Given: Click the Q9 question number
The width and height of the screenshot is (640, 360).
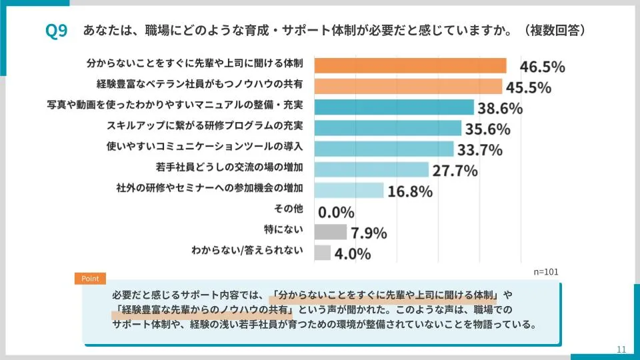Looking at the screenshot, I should coord(56,31).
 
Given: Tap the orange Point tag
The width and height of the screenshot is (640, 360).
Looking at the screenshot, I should coord(90,279).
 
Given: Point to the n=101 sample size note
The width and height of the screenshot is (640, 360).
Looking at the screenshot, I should coord(546,272).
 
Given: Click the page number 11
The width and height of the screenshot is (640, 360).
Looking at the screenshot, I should coord(621,349).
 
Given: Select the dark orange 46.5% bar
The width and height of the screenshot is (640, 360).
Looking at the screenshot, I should coord(410,65).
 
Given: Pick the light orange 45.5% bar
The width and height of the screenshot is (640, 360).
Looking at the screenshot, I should coord(407,86).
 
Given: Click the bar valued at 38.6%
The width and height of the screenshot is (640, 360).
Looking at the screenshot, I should coord(393,107).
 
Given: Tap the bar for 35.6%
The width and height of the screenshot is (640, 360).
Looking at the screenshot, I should coord(387,127).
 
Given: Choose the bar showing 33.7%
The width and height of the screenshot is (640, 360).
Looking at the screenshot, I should coord(383,149).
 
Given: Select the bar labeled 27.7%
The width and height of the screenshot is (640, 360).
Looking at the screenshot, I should coord(371,169).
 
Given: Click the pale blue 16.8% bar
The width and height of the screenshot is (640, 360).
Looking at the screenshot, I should coord(349,190).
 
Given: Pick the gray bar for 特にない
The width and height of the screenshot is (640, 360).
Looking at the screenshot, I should coord(330,231).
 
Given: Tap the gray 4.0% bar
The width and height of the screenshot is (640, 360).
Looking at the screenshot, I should coord(322,252).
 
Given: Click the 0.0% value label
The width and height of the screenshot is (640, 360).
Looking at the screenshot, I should coord(336,212).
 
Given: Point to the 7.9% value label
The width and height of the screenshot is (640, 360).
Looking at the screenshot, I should coord(369,233).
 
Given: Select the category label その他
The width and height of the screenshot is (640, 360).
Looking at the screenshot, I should coord(289,209).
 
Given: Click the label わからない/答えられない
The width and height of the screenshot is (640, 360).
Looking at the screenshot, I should coord(247,251).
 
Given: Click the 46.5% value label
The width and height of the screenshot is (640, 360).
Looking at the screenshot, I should coord(542,67).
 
